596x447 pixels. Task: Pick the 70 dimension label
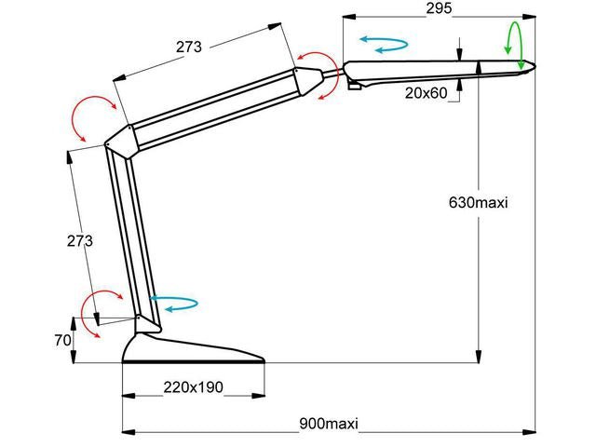point(62,341)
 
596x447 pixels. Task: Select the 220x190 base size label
point(193,387)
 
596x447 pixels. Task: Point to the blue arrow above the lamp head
point(384,44)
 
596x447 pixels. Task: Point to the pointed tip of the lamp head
point(533,66)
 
